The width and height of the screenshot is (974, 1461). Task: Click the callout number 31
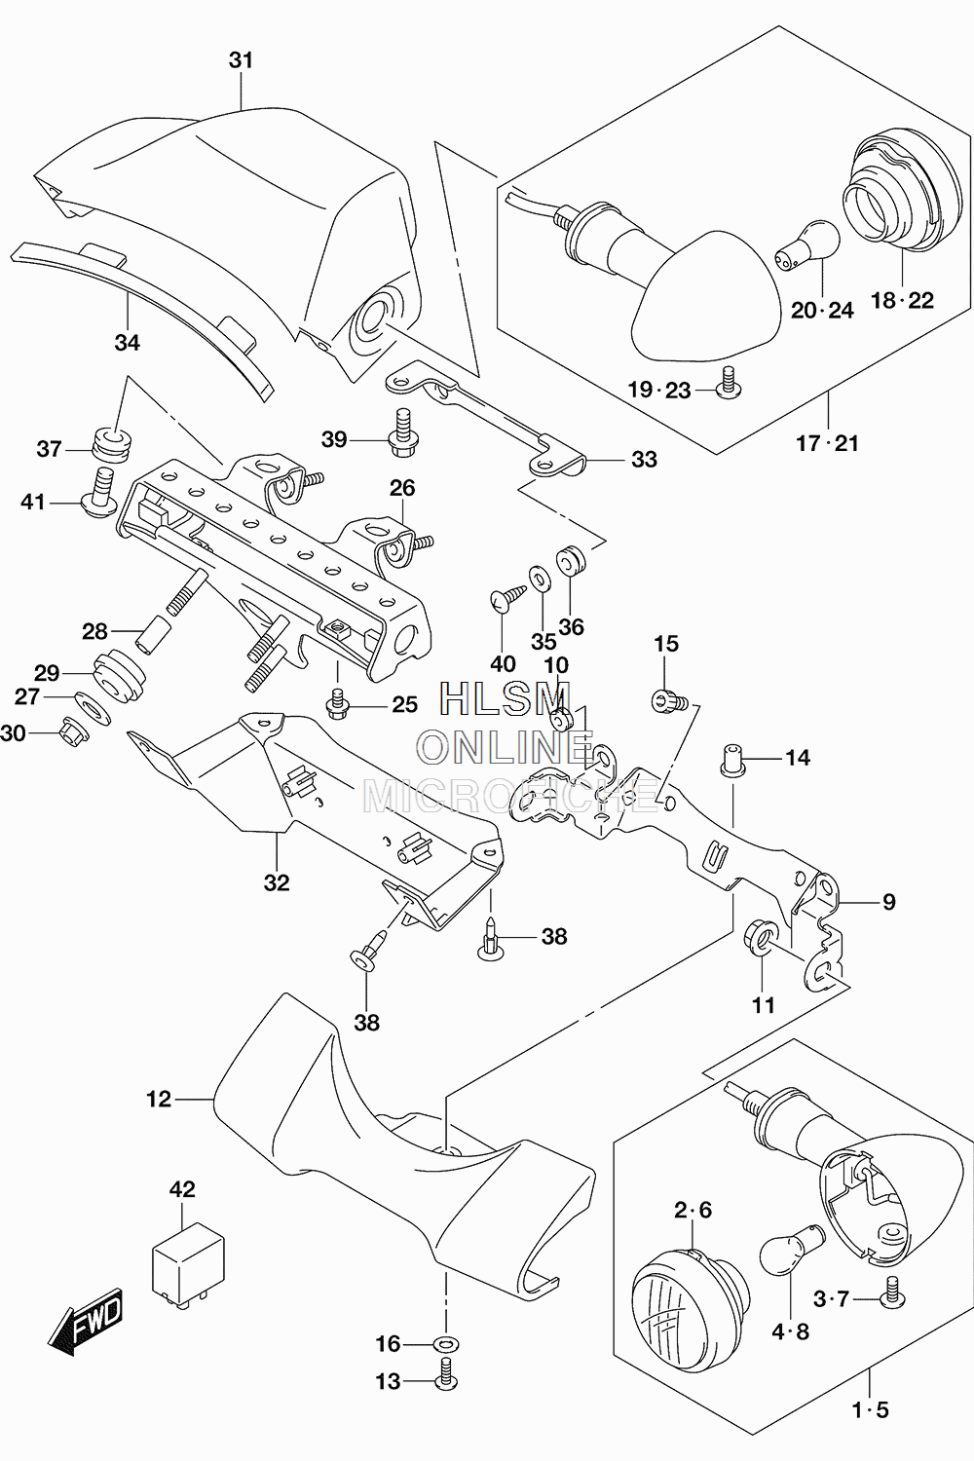click(x=241, y=60)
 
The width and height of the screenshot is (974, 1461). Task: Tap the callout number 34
click(x=128, y=343)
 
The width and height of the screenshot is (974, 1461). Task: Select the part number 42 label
click(x=182, y=1189)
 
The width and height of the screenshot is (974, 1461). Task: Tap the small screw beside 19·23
click(x=728, y=383)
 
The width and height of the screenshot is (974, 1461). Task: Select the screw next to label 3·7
click(x=892, y=1298)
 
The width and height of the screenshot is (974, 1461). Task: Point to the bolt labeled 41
click(x=99, y=493)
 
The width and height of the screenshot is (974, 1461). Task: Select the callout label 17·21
click(x=827, y=443)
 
